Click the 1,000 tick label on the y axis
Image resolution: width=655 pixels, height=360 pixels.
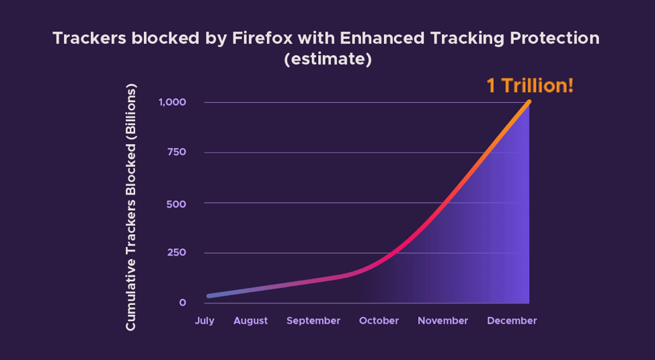tap(172, 102)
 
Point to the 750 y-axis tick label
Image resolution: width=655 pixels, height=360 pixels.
tap(176, 152)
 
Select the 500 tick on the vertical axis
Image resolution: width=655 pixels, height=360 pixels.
tap(176, 203)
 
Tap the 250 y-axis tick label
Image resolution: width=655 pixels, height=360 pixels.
tap(176, 253)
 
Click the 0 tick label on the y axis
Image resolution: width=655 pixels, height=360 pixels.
tap(182, 303)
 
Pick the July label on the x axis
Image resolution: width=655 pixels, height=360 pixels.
tap(204, 321)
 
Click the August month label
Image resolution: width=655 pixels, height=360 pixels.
tap(251, 321)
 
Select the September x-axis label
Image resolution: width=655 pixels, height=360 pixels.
tap(313, 321)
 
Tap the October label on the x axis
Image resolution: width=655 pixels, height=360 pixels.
tap(379, 321)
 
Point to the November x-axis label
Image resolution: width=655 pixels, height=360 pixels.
tap(442, 321)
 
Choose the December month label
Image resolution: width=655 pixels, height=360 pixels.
tap(512, 321)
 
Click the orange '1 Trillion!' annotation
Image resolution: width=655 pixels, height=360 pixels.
tap(530, 86)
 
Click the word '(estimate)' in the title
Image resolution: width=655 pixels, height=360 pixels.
tap(327, 59)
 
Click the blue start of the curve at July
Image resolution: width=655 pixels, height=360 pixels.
tap(210, 295)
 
